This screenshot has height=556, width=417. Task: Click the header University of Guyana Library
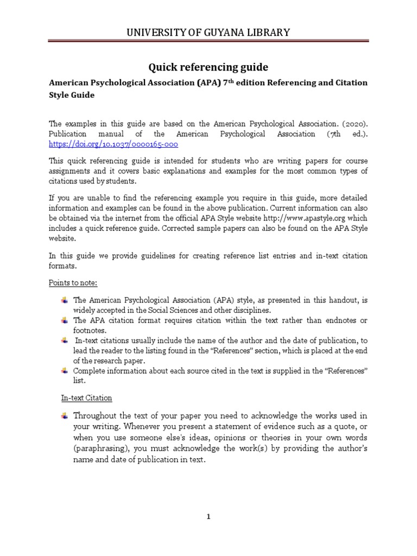click(x=208, y=33)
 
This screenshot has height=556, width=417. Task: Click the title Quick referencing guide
click(x=208, y=67)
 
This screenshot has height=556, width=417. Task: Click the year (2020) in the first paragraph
click(x=355, y=124)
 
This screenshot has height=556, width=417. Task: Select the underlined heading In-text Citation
click(x=86, y=398)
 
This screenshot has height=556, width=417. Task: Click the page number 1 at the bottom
click(x=208, y=517)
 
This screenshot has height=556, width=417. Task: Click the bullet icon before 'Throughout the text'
click(x=65, y=416)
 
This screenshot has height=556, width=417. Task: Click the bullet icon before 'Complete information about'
click(x=65, y=370)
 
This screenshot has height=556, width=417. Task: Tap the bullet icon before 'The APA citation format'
click(x=65, y=320)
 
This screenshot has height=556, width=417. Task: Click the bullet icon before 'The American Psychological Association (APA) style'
click(x=65, y=300)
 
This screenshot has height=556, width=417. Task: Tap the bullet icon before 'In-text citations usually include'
click(x=65, y=340)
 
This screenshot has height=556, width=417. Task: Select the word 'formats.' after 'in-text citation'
click(x=63, y=266)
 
